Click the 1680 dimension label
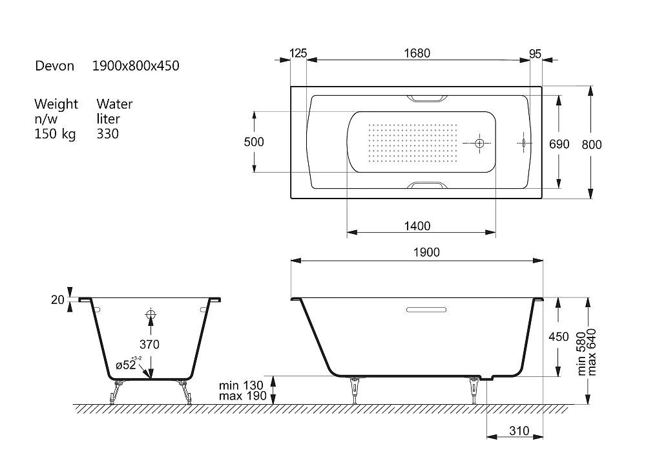417,53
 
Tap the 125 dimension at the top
298,53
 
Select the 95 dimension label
535,54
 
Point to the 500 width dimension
254,142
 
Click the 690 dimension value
559,144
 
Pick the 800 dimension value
592,145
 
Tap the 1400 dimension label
417,226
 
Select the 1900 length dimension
426,252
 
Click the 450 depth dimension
559,337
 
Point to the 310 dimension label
519,431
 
